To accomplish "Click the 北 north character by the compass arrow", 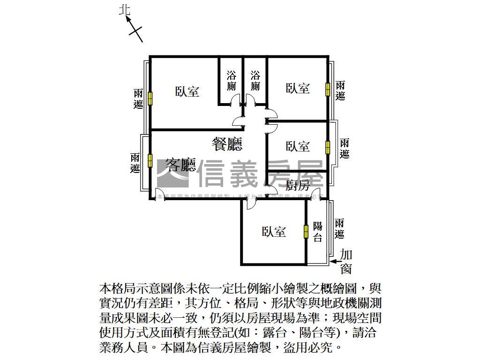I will click(x=125, y=10).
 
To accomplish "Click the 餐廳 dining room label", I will click(x=227, y=143).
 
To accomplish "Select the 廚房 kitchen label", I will click(x=298, y=185).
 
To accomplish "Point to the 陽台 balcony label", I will click(x=318, y=232).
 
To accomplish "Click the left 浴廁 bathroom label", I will click(x=231, y=81).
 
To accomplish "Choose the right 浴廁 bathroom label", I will click(x=255, y=81).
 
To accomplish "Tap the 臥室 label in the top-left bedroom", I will click(x=187, y=91).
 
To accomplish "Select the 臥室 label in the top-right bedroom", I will click(x=298, y=88).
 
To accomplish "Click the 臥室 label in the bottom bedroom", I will click(x=274, y=232).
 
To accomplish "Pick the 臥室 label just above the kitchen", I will click(x=298, y=146).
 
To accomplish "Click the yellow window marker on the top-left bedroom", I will click(x=150, y=98).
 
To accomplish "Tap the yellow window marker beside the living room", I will click(x=150, y=160).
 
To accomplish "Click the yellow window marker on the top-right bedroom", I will click(x=327, y=89).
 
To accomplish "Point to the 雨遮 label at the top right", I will click(x=340, y=90).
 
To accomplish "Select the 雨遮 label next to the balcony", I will click(x=340, y=228).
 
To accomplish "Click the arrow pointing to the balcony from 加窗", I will click(x=334, y=261).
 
